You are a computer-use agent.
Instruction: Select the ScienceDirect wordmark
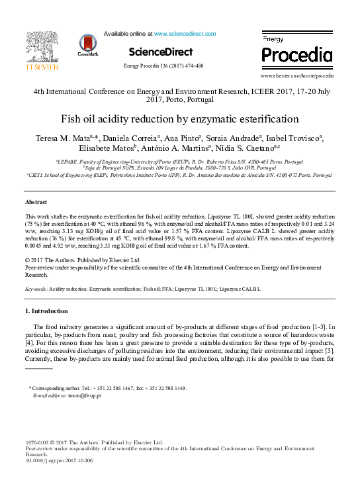point(161,52)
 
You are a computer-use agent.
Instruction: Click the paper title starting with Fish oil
point(180,120)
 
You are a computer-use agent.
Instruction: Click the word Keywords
point(35,289)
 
